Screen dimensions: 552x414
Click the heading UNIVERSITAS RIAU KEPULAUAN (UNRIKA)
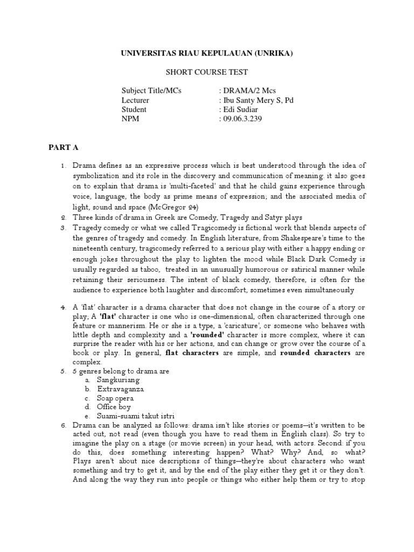(x=206, y=54)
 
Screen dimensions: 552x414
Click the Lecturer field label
(x=135, y=100)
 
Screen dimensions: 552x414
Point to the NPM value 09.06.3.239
(x=242, y=119)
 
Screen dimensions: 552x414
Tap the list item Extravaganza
(x=121, y=389)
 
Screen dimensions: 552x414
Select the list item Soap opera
(x=115, y=398)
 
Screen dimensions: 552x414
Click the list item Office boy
(x=114, y=407)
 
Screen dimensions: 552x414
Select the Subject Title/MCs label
(x=151, y=91)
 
